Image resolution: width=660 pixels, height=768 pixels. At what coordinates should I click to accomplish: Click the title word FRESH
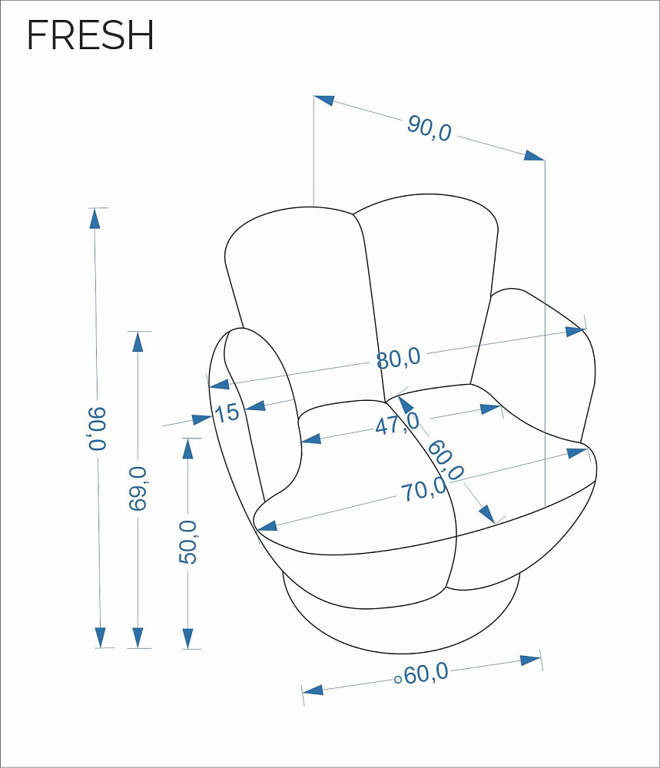tap(90, 35)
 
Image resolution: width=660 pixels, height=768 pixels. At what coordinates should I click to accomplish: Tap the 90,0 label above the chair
tap(429, 129)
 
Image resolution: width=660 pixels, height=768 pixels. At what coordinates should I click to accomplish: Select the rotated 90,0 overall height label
tap(97, 428)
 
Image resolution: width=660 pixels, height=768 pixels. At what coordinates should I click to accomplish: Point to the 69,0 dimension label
tap(138, 488)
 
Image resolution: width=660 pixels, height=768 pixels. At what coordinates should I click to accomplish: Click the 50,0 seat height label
tap(187, 542)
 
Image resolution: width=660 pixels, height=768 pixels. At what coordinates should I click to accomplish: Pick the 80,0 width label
tap(398, 358)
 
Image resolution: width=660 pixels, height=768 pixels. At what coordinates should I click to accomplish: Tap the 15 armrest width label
tap(227, 413)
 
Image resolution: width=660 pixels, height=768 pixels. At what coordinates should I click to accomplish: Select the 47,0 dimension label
tap(398, 423)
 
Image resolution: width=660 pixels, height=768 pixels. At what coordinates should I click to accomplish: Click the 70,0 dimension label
tap(424, 489)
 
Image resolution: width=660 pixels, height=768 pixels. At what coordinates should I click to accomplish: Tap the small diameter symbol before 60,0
tap(398, 680)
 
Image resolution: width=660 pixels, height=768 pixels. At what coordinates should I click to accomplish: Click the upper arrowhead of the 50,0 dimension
tap(187, 449)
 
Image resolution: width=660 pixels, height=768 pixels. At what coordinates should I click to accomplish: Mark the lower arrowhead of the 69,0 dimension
tap(138, 637)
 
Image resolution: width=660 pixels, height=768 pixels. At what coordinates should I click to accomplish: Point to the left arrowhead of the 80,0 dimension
tap(219, 384)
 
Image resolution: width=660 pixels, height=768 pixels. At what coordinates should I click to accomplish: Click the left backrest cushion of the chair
tap(301, 303)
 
